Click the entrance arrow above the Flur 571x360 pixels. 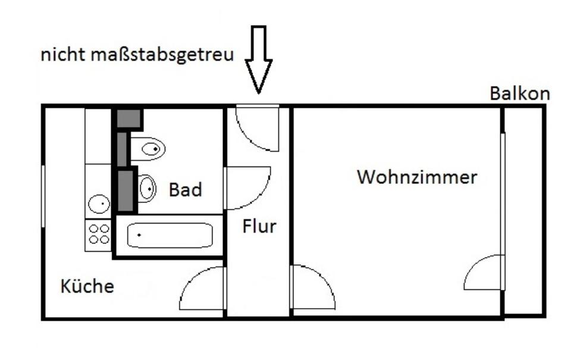pos(259,60)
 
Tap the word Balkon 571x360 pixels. pos(519,93)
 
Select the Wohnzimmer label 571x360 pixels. pos(417,177)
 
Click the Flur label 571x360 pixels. pos(259,226)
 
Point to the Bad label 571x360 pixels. pos(186,190)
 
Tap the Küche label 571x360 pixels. pos(87,286)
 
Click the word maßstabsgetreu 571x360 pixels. pos(162,55)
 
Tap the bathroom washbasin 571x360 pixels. pos(146,189)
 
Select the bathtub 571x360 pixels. pos(170,236)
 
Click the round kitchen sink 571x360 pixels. pos(99,205)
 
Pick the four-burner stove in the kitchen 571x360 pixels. pos(99,234)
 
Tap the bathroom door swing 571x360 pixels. pos(245,187)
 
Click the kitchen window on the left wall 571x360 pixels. pos(43,196)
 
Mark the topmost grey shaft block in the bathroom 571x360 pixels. pos(128,118)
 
